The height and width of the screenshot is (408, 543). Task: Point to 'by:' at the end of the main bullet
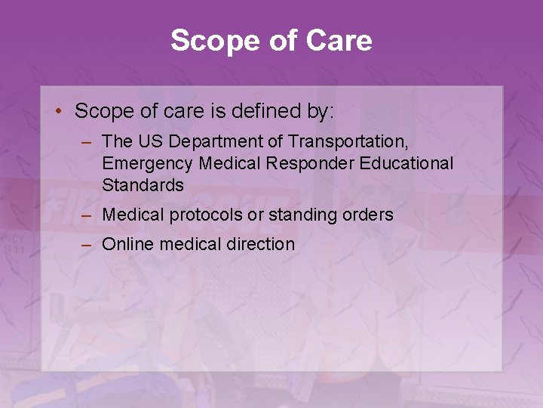pos(318,112)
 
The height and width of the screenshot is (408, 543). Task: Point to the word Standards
pos(143,185)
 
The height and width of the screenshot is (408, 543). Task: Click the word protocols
pos(204,215)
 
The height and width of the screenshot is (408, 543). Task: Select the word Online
pos(127,244)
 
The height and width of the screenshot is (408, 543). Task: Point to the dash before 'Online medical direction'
pos(88,244)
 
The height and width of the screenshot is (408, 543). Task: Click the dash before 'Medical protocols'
pos(88,215)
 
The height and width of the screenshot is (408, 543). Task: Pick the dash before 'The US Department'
pos(88,141)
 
